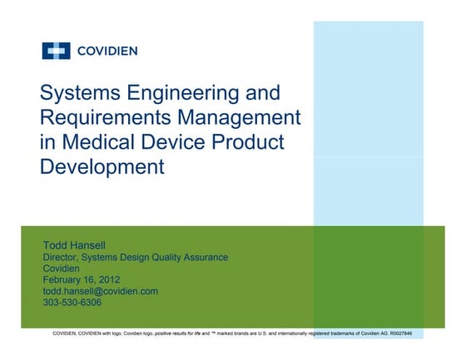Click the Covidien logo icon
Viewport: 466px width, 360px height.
57,52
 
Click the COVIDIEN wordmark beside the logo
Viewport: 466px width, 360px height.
107,52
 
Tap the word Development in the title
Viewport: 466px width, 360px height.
102,165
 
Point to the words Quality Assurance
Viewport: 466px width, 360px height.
187,258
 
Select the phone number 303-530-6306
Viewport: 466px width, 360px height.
75,303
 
